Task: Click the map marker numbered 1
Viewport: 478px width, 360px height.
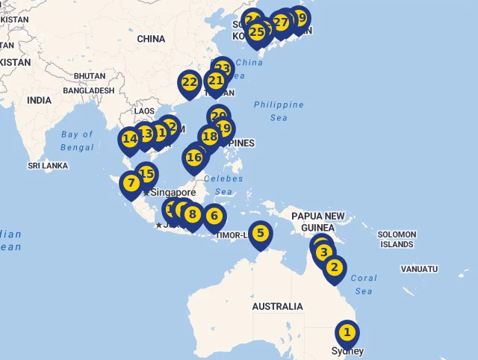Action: tap(347, 332)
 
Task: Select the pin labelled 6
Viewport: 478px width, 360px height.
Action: tap(214, 217)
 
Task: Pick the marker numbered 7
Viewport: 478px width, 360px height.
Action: tap(131, 183)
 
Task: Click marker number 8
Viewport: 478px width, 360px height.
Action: tap(193, 215)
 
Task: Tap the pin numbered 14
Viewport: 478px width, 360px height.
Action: tap(130, 139)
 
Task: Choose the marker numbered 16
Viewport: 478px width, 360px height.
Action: tap(194, 158)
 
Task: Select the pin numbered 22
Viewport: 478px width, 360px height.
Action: tap(190, 83)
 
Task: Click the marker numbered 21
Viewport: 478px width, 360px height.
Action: tap(216, 81)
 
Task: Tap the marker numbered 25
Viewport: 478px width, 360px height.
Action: tap(257, 32)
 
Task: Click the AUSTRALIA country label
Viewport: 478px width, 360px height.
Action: tap(277, 306)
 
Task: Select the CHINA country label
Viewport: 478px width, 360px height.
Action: tap(151, 39)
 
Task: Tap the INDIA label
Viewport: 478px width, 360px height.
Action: tap(39, 100)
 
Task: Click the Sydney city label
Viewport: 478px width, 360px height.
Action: tap(347, 351)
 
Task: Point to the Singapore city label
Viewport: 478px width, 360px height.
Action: tap(173, 193)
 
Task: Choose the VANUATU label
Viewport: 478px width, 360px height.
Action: tap(419, 269)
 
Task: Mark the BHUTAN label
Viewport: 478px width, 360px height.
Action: tap(90, 76)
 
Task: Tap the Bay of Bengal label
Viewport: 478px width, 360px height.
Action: tap(78, 140)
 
